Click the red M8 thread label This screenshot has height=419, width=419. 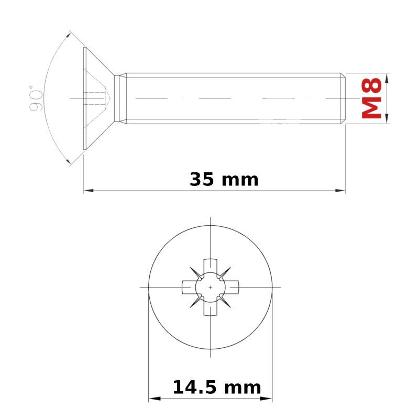point(371,98)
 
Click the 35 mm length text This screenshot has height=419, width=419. point(224,180)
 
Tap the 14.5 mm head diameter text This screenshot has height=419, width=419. point(217,388)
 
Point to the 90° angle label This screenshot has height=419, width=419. point(36,98)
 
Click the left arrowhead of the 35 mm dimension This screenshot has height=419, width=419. point(89,191)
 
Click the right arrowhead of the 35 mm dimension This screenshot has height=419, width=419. point(340,191)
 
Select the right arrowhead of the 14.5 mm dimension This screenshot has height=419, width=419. point(266,399)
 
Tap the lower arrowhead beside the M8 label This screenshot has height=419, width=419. point(388,118)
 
